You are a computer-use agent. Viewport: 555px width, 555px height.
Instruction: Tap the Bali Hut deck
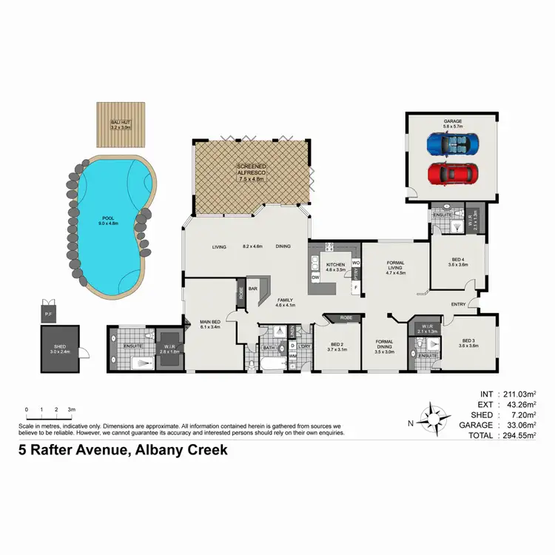(x=121, y=124)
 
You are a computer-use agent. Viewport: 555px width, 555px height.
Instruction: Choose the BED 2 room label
(x=336, y=345)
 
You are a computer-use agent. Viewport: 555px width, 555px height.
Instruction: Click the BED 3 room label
(x=469, y=342)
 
